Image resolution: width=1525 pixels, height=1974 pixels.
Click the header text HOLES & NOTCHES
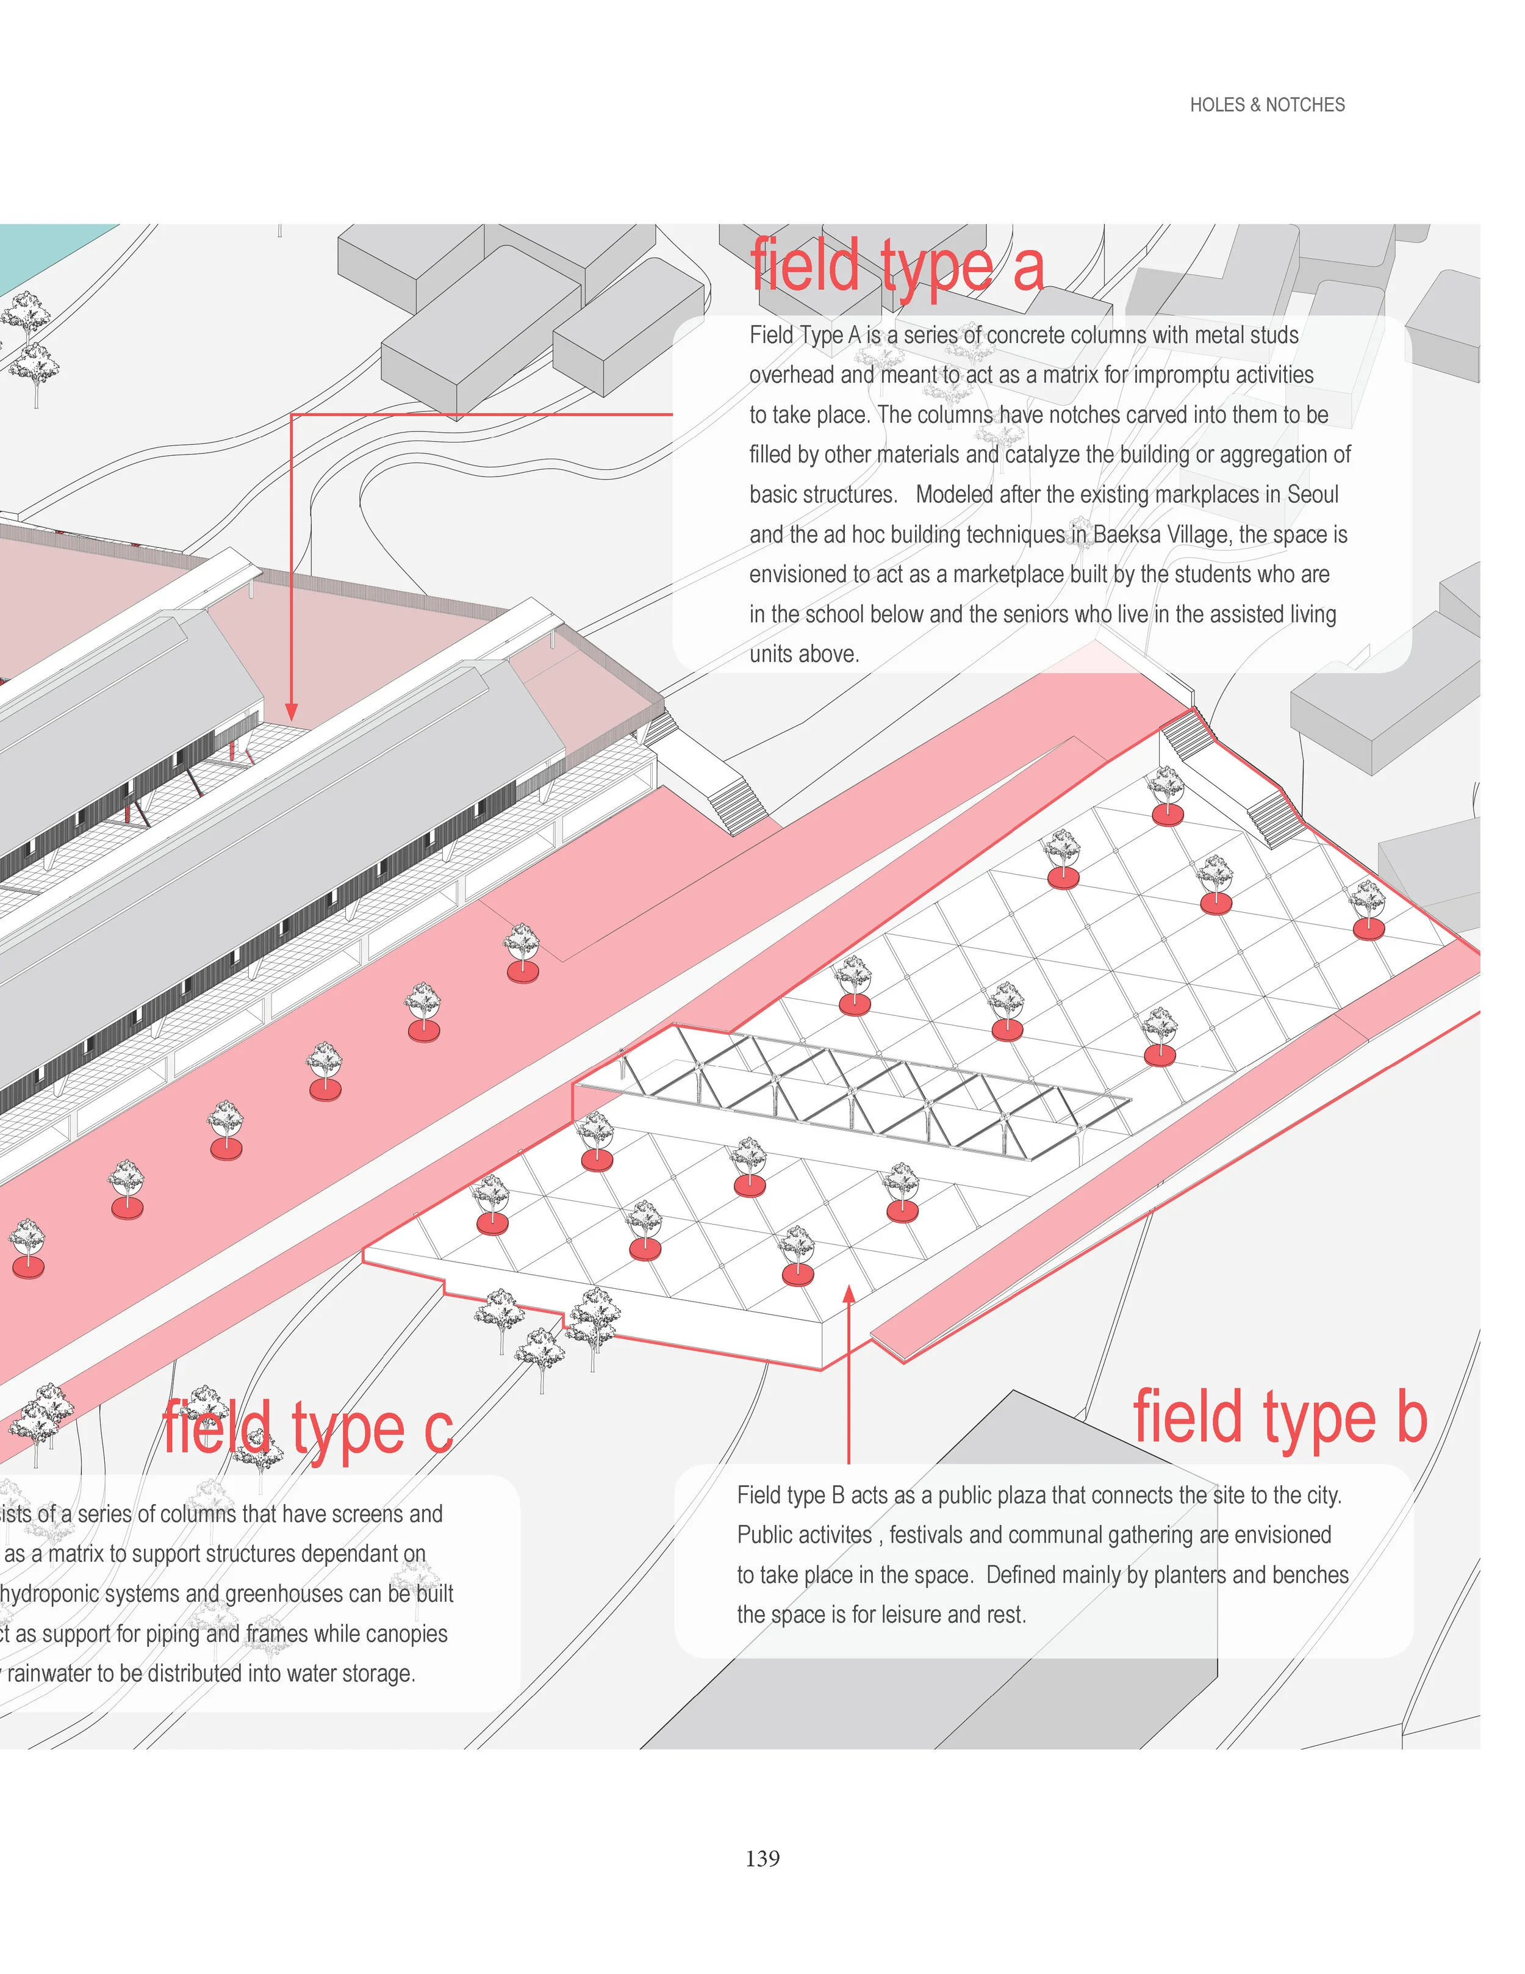(1266, 105)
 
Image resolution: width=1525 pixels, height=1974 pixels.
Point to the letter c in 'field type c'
(437, 1432)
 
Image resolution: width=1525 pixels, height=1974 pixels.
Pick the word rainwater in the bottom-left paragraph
(49, 1673)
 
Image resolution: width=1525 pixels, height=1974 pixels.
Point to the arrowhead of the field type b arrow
(849, 1294)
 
